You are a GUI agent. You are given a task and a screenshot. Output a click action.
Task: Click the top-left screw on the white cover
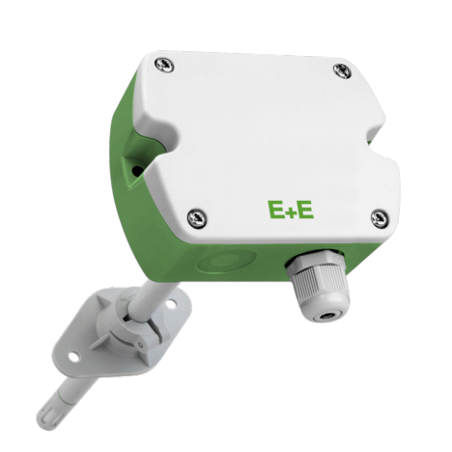164,66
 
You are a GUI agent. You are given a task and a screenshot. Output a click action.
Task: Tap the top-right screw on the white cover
342,71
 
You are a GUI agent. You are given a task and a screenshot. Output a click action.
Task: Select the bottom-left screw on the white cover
197,218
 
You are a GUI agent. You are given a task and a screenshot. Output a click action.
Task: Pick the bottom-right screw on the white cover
380,218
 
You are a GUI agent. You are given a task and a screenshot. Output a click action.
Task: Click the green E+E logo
291,210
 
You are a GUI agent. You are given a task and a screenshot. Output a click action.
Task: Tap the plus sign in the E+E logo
291,212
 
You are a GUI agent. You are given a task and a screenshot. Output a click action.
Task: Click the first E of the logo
276,210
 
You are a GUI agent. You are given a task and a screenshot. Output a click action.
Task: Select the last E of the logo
305,210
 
